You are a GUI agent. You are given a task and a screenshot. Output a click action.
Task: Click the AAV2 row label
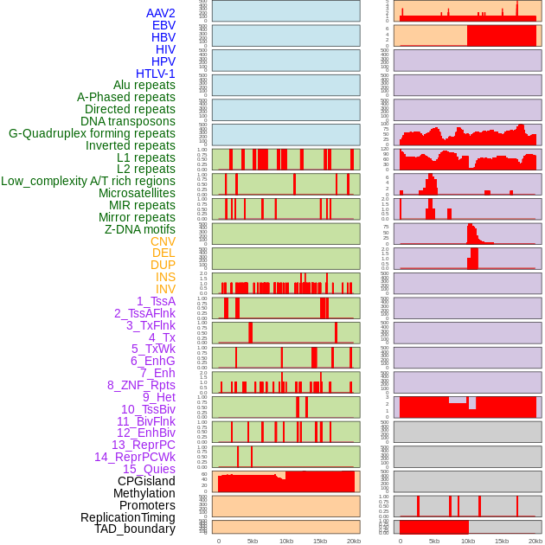pos(160,13)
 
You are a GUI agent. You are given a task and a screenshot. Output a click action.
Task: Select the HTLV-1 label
pos(155,74)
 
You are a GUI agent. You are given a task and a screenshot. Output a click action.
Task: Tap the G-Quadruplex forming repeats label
pos(92,133)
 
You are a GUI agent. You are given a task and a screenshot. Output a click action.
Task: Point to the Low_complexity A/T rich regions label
pos(88,181)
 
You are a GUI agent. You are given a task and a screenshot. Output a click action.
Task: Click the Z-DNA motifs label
pos(140,229)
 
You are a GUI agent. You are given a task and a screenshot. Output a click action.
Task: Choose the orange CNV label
pos(163,241)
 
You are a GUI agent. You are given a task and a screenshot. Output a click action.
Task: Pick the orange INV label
pos(165,289)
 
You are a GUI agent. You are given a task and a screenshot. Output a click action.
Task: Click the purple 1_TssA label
pos(156,301)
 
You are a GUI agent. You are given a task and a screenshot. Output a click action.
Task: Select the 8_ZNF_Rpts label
pos(141,385)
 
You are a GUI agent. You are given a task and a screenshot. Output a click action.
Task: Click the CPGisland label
pos(146,481)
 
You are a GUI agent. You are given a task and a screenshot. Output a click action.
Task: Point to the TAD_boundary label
pos(135,529)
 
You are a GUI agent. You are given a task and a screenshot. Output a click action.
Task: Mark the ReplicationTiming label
pos(127,517)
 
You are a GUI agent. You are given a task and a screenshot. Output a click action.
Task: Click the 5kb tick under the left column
pos(253,541)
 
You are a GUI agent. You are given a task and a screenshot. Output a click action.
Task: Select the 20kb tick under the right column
pos(535,541)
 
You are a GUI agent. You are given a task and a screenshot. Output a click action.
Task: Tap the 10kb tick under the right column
pos(468,541)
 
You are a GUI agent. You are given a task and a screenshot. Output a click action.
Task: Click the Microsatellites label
pos(137,193)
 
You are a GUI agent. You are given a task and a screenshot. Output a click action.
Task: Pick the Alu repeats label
pos(144,85)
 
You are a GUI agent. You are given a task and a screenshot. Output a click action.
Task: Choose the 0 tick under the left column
pos(218,541)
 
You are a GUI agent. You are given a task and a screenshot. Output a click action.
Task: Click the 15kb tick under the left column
pos(320,541)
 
